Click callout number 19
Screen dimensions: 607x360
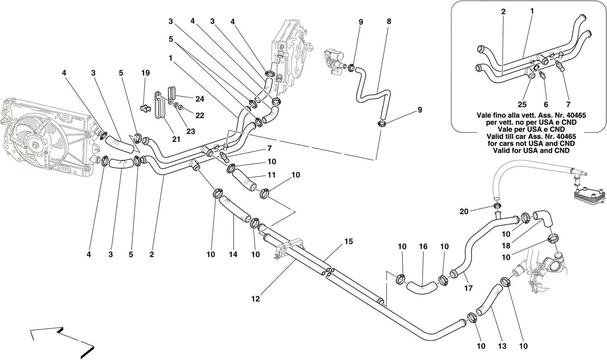point(145,73)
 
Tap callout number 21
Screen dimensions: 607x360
point(176,139)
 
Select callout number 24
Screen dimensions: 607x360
point(200,99)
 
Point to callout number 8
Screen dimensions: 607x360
point(389,21)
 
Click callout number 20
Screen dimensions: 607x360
point(464,211)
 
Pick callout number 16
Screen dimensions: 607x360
point(423,247)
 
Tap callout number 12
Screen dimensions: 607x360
point(255,299)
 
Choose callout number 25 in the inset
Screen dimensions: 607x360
point(522,104)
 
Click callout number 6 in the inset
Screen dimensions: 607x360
point(546,104)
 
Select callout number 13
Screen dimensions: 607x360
point(502,346)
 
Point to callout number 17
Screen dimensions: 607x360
point(468,288)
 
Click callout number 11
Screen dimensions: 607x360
point(272,175)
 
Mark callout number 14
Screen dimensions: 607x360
point(233,255)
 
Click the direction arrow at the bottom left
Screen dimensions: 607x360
point(62,342)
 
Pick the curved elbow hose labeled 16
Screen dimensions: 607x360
point(422,288)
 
